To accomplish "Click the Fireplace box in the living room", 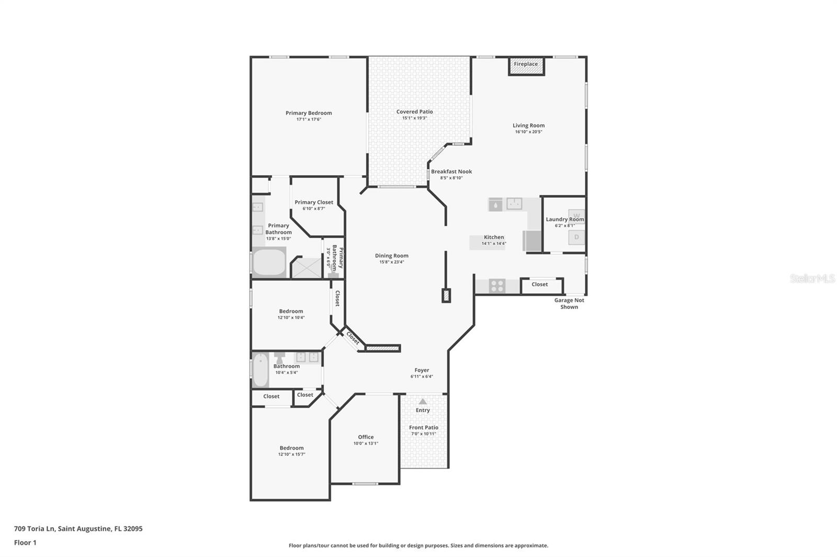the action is (x=526, y=66).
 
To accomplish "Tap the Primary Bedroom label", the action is (x=309, y=113).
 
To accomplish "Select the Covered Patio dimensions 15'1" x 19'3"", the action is (x=414, y=118).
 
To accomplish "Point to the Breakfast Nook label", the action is (x=451, y=171).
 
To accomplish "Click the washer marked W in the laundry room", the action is (x=576, y=216).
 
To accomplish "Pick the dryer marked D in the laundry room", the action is (x=576, y=237).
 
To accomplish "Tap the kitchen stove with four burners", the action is (x=497, y=286).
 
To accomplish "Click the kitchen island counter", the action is (x=487, y=242).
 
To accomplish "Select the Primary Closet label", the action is (x=314, y=202).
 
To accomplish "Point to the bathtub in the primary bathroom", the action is (x=269, y=262).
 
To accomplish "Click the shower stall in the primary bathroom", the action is (x=306, y=268).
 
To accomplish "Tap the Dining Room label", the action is (x=392, y=256).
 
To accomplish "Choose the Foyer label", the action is (x=422, y=370).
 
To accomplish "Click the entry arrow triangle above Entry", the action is (x=423, y=401).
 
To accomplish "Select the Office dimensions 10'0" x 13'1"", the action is (x=366, y=444).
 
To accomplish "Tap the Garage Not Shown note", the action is (x=569, y=304).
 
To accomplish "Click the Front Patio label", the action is (x=423, y=427).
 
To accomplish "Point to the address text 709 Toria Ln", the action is (x=35, y=529).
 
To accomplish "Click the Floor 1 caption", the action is (x=25, y=543).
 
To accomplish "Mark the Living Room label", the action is (x=528, y=125).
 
